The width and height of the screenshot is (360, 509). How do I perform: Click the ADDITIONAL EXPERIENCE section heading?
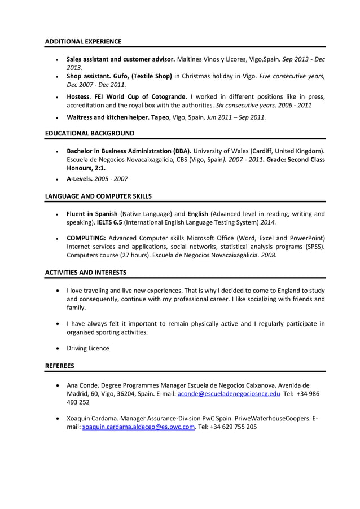coord(82,41)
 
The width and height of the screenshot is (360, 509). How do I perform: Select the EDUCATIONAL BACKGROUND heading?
coord(89,133)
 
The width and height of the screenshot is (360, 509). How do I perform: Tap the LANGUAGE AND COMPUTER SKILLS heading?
coord(98,196)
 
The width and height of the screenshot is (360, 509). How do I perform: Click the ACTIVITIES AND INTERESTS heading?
coord(85,272)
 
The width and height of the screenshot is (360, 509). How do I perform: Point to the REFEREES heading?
coord(59,366)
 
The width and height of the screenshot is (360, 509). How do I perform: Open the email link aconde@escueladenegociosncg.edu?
coord(229,394)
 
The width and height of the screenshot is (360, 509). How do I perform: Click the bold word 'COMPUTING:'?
coord(86,238)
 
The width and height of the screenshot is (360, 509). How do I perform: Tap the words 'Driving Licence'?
coord(88,348)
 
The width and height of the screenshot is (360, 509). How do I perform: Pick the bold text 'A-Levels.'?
coord(80,178)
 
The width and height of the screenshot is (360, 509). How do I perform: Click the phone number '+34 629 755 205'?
coord(233,427)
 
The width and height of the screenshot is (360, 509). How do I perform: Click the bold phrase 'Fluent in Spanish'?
coord(92,214)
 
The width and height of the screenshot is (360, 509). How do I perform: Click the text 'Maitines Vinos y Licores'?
coord(214,59)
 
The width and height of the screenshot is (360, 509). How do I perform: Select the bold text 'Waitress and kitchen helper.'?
coord(108,117)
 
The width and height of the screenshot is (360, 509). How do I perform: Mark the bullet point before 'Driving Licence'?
coord(59,348)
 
